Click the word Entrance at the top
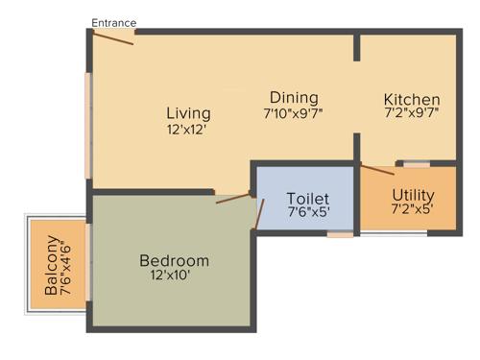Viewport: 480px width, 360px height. [114, 22]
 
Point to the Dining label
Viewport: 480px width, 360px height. [294, 98]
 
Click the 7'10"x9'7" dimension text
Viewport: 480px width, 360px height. [294, 114]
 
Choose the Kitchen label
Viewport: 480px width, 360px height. [412, 100]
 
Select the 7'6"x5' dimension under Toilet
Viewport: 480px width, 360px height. [308, 213]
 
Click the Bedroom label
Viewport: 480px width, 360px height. [174, 260]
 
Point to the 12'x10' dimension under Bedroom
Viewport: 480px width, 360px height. [174, 277]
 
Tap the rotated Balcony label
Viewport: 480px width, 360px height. [50, 274]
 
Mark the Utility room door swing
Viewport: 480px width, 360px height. [377, 170]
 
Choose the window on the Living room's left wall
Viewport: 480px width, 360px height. [89, 125]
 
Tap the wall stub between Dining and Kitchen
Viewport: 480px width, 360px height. [357, 47]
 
